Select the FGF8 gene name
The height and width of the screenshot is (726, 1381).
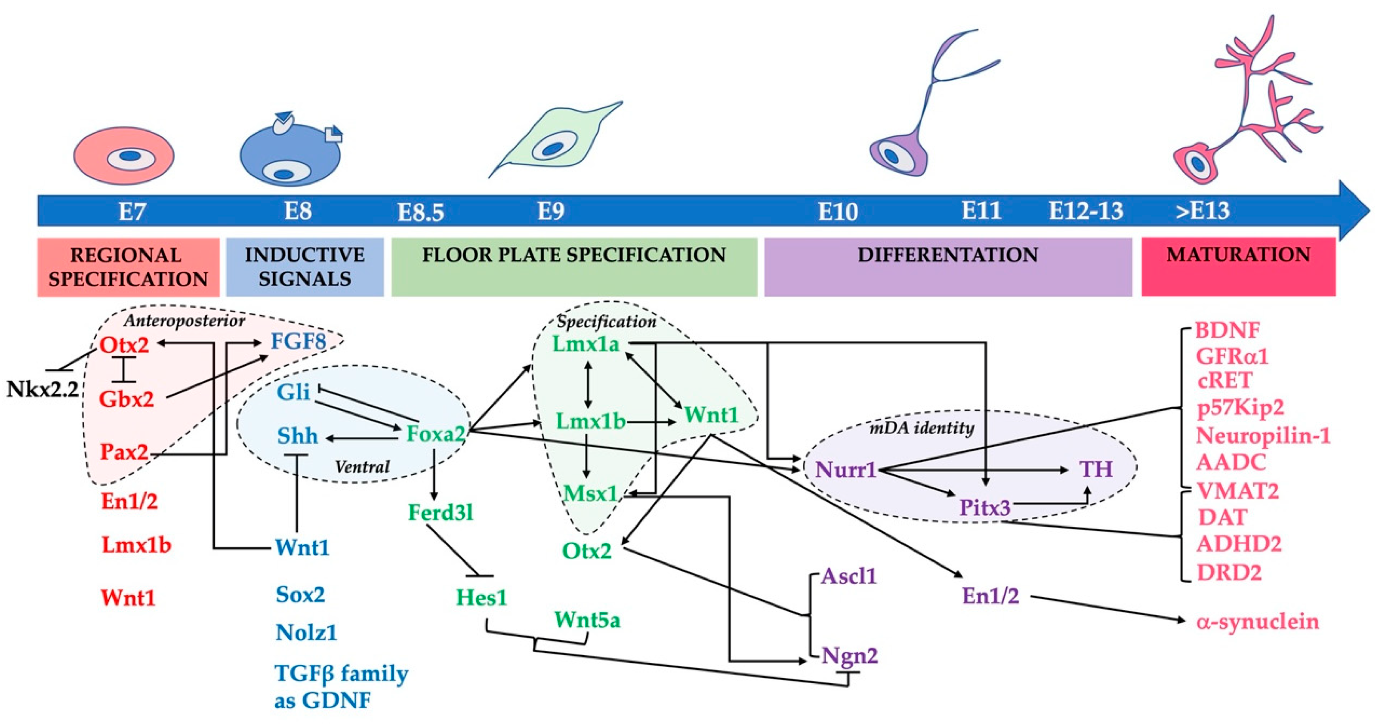point(298,341)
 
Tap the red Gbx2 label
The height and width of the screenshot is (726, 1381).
point(127,399)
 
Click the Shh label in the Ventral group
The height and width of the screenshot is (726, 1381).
point(297,436)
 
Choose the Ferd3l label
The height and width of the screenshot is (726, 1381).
point(441,512)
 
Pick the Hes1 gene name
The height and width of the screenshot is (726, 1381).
point(481,597)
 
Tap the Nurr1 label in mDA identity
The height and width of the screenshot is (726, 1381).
point(846,470)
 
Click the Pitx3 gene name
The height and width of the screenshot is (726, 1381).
point(985,507)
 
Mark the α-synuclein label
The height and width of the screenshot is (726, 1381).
point(1258,622)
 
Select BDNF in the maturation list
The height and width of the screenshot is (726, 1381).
point(1228,330)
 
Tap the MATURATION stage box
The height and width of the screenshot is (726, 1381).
point(1238,267)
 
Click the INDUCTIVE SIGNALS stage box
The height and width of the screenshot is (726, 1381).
point(305,267)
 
